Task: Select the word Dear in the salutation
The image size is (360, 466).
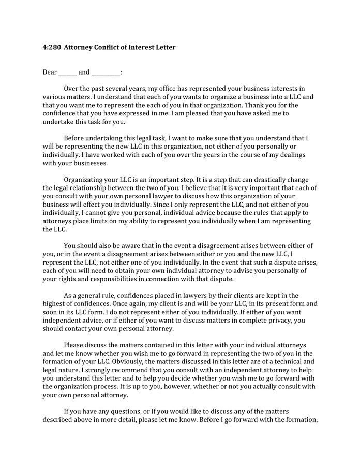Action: click(50, 72)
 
